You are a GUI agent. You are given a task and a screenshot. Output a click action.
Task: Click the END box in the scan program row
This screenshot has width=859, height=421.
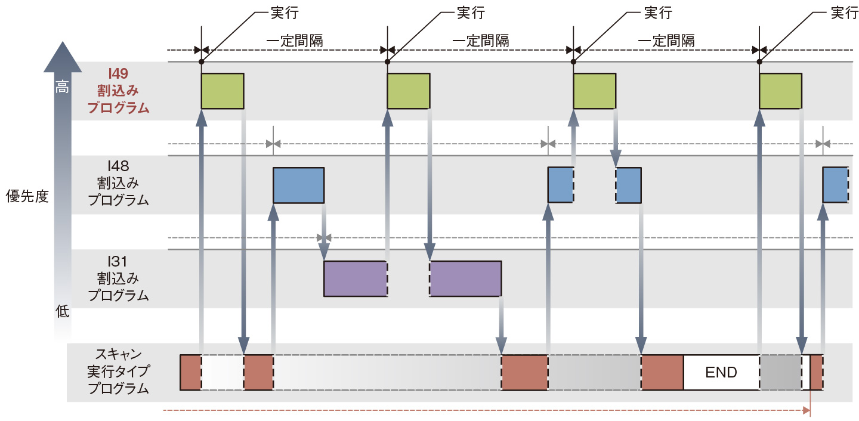[721, 373]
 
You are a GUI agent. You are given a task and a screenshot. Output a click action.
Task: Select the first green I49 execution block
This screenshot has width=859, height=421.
[223, 91]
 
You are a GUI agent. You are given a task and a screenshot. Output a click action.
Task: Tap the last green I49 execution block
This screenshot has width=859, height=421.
[780, 91]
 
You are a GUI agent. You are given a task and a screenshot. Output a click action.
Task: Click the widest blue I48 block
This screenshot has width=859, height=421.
[298, 185]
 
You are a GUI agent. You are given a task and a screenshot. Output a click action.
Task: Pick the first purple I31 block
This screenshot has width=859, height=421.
[356, 278]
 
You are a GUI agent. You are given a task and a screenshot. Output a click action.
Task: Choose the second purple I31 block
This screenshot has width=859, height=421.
[465, 278]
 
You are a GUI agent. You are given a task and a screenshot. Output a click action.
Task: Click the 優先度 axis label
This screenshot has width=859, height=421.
[27, 197]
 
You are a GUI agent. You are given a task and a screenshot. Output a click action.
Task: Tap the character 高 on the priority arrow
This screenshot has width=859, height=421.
[62, 88]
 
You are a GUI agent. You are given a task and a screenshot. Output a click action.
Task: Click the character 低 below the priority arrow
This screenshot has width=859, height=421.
[63, 311]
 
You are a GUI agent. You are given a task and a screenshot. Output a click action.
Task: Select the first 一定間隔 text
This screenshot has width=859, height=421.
[295, 41]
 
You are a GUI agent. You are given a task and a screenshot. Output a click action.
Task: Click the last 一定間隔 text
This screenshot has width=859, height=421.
[666, 41]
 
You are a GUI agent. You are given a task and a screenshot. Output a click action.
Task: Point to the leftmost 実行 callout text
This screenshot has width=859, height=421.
[284, 13]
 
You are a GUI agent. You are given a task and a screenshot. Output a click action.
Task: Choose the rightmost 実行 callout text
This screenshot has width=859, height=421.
[845, 13]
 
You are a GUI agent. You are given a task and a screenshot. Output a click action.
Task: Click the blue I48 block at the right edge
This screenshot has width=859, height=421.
[835, 185]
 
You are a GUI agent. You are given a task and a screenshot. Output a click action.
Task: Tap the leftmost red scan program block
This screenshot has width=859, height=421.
[191, 372]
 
